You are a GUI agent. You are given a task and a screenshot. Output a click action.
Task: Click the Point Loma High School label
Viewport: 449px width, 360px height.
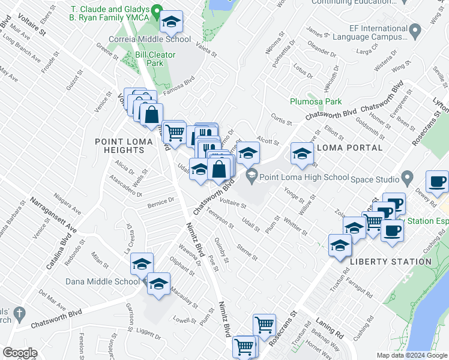[x=304, y=177]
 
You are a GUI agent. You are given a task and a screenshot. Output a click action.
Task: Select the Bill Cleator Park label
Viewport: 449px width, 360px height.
[x=149, y=58]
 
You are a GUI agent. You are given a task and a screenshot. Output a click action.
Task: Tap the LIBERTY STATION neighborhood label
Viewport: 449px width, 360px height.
[x=390, y=262]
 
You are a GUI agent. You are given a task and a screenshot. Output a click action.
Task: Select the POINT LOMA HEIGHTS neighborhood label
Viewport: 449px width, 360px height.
[x=119, y=146]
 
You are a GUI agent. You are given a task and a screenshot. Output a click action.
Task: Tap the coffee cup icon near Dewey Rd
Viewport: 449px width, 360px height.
[x=437, y=181]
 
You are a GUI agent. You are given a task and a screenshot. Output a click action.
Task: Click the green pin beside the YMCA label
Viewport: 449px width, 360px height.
[x=157, y=10]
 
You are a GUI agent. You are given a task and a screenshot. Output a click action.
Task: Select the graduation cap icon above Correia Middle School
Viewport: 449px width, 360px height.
[x=171, y=23]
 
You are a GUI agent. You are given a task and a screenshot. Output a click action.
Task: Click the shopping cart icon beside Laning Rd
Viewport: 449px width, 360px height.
[x=264, y=325]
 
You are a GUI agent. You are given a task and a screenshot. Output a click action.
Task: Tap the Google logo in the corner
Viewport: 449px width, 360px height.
[x=20, y=352]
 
